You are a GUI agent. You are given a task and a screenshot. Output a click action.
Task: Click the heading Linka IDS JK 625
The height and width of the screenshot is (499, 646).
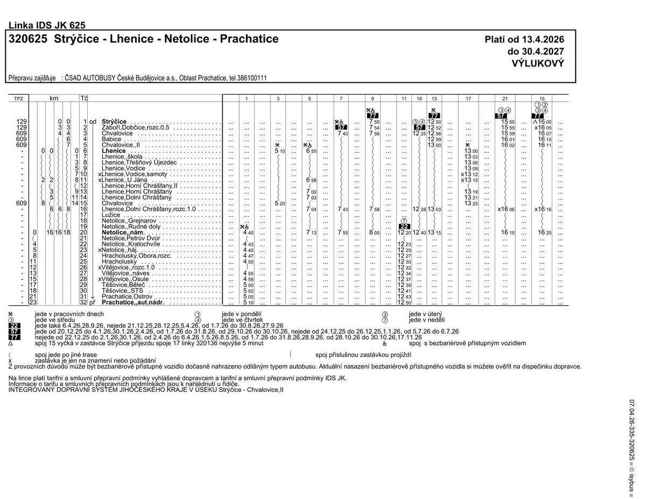(47, 25)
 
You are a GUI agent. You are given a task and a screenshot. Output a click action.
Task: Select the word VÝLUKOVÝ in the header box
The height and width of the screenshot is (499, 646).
(538, 63)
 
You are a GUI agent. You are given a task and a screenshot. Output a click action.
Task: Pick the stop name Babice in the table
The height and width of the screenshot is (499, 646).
(111, 139)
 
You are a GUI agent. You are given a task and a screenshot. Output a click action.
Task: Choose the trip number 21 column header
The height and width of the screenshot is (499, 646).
(504, 99)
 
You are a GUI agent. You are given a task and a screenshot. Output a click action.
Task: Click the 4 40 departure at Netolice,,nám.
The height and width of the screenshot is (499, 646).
(248, 233)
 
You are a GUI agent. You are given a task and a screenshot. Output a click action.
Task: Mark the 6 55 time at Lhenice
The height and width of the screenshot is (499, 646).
(311, 151)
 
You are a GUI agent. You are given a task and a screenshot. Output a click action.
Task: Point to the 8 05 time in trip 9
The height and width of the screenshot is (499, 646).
(374, 233)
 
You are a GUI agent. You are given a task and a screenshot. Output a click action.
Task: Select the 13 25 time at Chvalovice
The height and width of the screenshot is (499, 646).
(471, 203)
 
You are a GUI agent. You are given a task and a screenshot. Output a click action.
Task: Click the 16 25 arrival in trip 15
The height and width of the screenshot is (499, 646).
(545, 233)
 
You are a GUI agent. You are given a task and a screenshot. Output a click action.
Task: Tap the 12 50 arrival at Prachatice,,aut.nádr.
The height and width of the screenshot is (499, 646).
(404, 303)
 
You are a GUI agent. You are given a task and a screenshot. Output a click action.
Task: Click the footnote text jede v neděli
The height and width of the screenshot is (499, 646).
(426, 320)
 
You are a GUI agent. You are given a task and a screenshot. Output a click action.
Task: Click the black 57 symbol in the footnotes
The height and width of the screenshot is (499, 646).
(15, 332)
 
